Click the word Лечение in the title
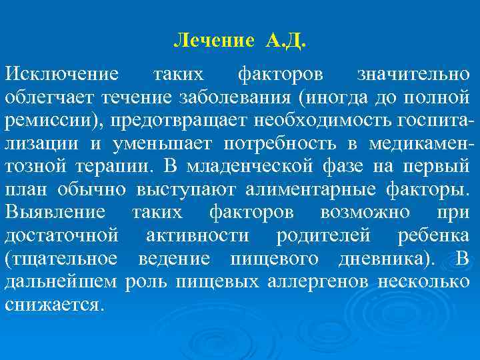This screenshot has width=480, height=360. tap(213, 41)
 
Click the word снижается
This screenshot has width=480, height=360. tap(53, 306)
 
